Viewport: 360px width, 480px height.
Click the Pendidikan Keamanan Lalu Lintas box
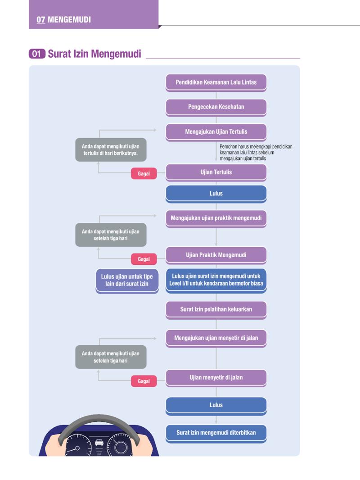pos(216,82)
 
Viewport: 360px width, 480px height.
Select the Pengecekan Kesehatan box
pos(216,107)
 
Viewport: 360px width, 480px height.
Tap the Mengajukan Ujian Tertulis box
pos(216,132)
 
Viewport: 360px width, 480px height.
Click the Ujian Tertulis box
pos(216,172)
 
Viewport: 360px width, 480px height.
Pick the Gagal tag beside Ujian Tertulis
pos(144,173)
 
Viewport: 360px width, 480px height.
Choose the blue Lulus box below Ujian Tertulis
pos(216,194)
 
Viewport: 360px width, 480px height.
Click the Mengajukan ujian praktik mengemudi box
pos(216,218)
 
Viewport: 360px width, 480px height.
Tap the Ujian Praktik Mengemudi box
pos(216,255)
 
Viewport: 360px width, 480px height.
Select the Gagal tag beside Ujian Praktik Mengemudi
pos(144,259)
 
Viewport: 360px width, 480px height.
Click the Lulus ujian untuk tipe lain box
pos(127,281)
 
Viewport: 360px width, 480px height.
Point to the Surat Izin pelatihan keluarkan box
pos(216,310)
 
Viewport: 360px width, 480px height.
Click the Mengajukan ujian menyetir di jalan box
pos(216,338)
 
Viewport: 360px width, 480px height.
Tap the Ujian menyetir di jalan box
pos(216,378)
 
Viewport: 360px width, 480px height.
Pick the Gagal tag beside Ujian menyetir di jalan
pos(144,381)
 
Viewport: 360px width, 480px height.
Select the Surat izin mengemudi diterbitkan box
pos(216,433)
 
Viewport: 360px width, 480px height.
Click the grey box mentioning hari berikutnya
pos(111,149)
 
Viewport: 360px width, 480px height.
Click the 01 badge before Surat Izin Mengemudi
pos(37,54)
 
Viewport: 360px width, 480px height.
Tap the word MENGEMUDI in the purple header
pos(69,20)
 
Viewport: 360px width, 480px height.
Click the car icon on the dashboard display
pos(99,442)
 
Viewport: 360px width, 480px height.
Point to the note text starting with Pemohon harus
pos(256,153)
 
